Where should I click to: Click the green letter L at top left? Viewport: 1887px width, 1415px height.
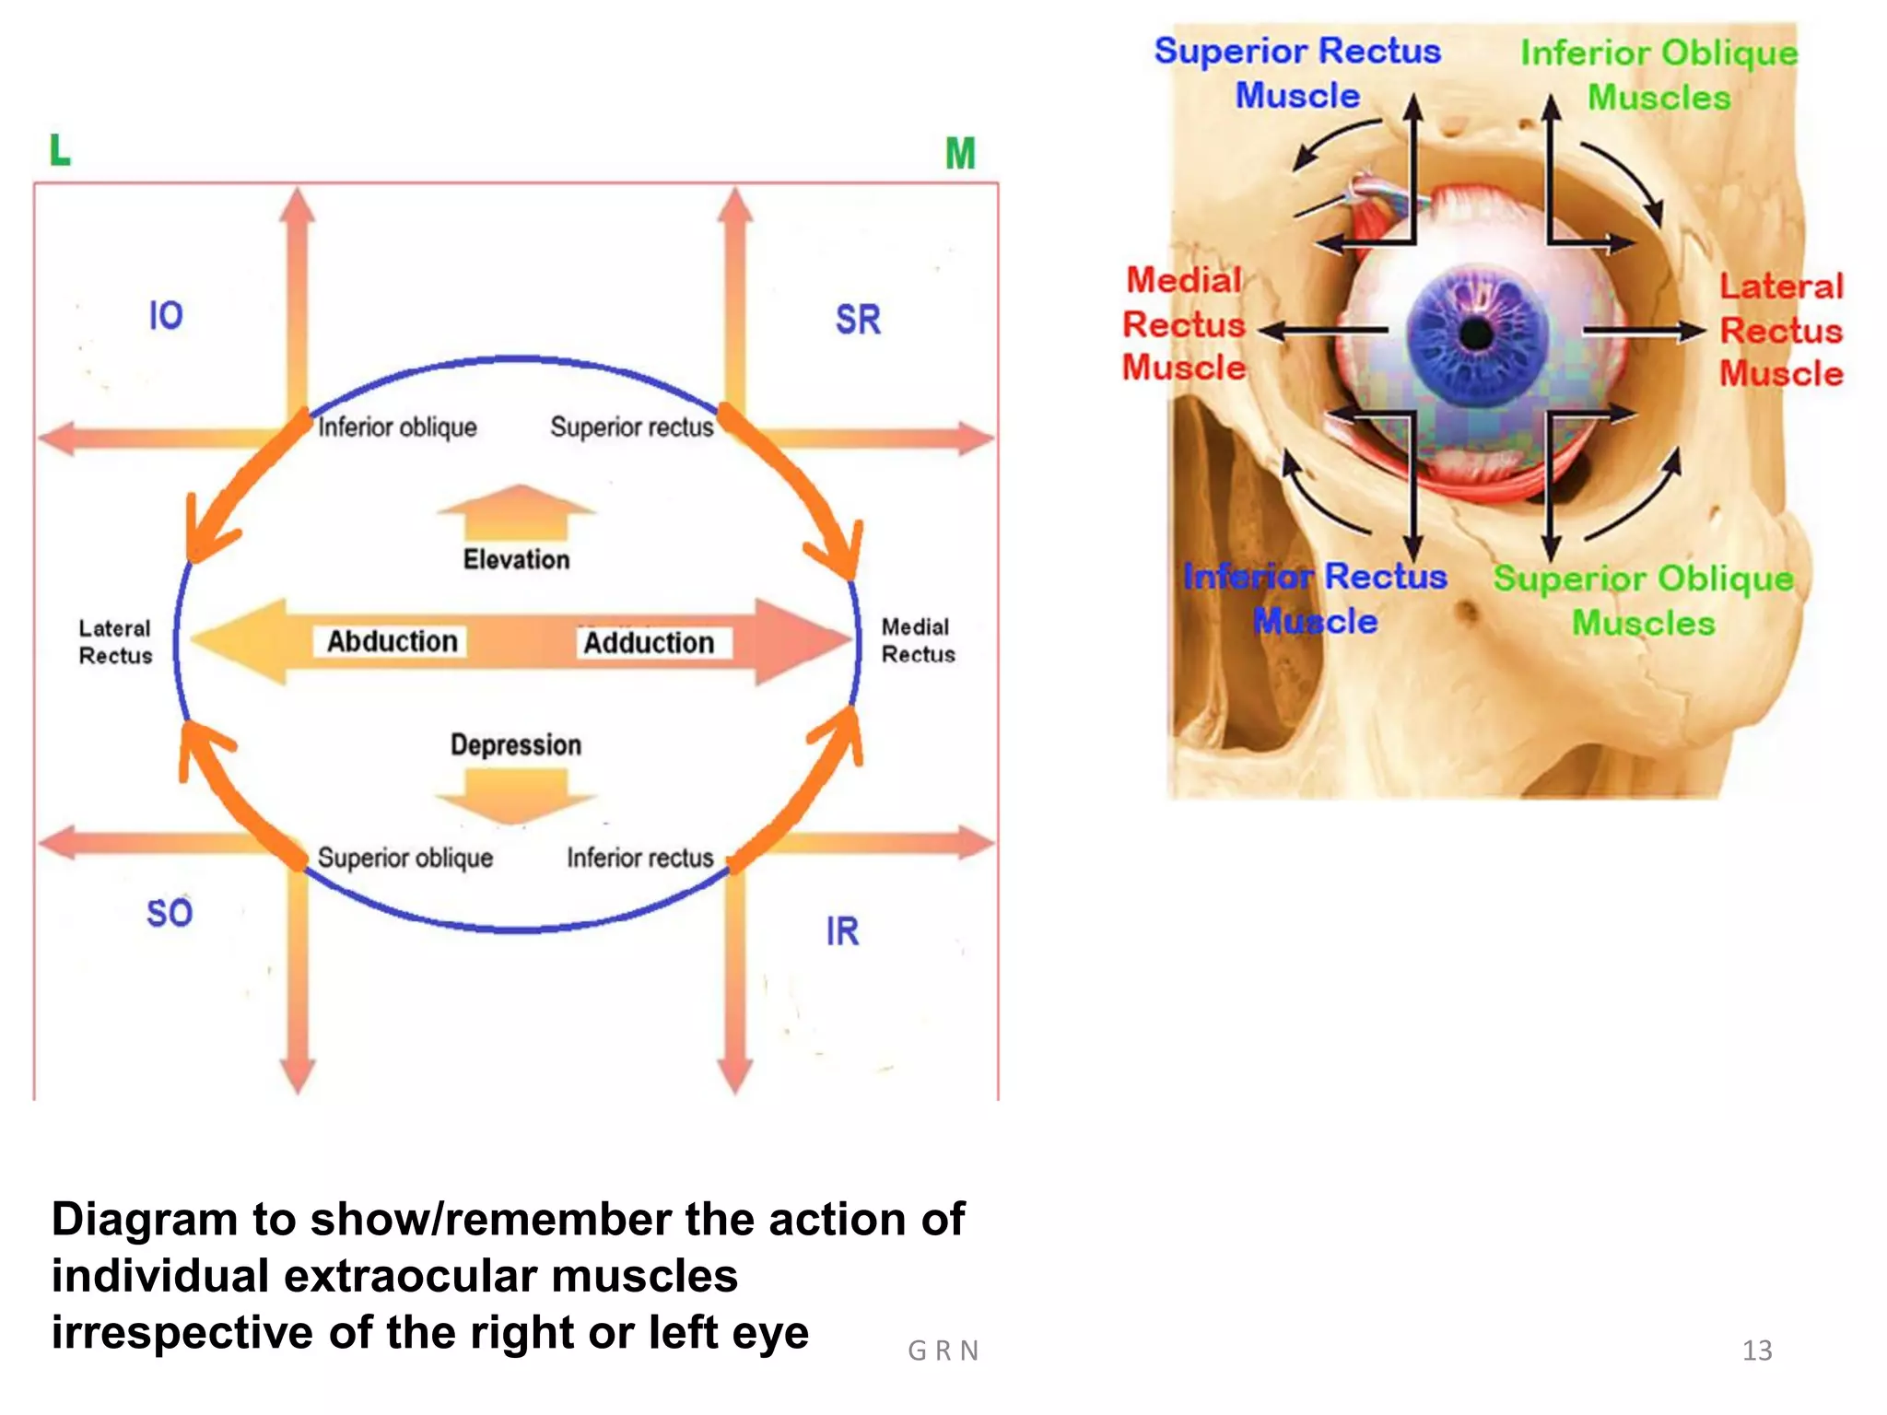coord(60,149)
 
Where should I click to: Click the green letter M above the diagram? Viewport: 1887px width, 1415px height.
coord(959,153)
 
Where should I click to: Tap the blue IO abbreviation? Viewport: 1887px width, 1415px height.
coord(166,316)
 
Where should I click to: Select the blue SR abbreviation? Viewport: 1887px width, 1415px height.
coord(858,320)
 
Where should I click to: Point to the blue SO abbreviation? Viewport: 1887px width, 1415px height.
coord(170,913)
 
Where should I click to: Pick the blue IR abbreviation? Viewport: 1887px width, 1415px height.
coord(842,931)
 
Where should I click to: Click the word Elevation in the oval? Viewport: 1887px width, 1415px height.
coord(516,559)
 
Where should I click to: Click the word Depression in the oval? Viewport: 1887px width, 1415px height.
coord(516,744)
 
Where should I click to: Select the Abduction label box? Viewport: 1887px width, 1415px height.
coord(392,641)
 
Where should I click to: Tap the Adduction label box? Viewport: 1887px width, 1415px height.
coord(649,642)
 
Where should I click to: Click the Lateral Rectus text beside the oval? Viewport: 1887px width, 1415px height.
coord(115,642)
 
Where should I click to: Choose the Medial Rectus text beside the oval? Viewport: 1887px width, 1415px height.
coord(918,640)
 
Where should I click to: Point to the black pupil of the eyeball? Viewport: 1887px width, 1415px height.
coord(1476,333)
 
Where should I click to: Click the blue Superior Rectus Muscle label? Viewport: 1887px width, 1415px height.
coord(1297,73)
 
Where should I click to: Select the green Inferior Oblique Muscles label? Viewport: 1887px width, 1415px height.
coord(1658,75)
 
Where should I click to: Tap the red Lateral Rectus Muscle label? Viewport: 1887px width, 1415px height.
coord(1781,330)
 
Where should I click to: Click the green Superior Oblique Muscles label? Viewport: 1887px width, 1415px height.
coord(1643,600)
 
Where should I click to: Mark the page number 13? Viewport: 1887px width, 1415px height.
coord(1756,1351)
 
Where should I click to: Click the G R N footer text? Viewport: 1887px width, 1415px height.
coord(943,1351)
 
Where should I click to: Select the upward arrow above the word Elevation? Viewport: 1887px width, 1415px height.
coord(516,512)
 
